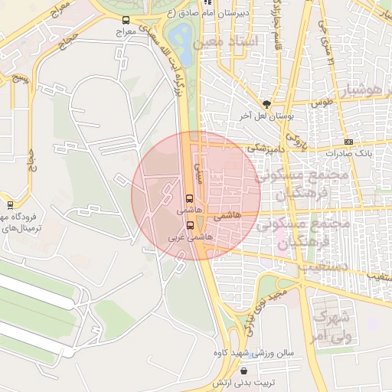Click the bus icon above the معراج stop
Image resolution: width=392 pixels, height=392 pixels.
point(126,21)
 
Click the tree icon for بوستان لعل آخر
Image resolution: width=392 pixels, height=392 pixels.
point(266,104)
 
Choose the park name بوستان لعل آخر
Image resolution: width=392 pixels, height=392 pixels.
point(267,116)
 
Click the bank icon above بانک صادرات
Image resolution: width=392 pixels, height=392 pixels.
point(349,142)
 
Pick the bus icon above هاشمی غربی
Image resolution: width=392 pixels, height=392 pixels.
point(190,224)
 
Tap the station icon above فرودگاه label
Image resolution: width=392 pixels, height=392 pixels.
point(10,204)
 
